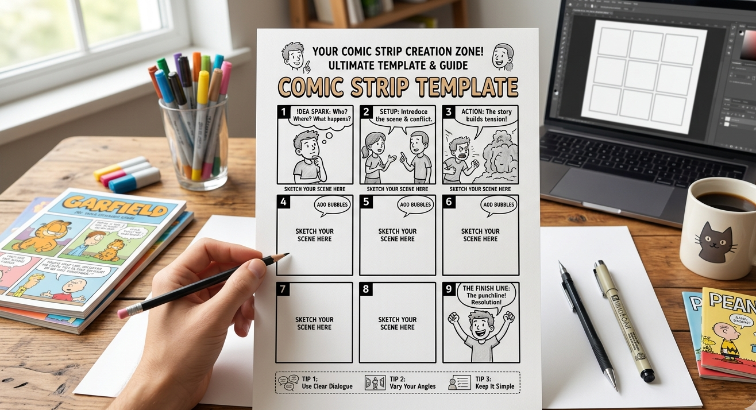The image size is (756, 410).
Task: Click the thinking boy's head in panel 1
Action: [306, 144]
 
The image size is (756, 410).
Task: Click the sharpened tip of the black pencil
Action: [286, 254]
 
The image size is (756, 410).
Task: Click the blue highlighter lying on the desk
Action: [134, 180]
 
